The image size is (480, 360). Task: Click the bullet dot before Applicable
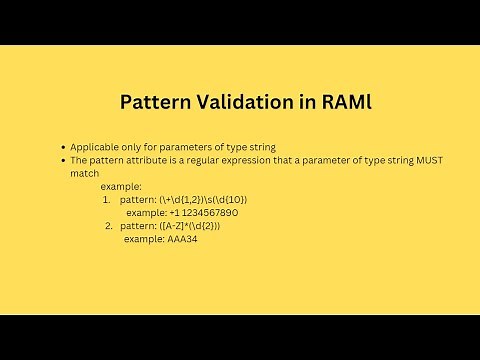[x=63, y=146]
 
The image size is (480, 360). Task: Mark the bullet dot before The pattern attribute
[x=63, y=160]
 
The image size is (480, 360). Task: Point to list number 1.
[x=106, y=199]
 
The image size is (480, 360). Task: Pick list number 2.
[x=108, y=226]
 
